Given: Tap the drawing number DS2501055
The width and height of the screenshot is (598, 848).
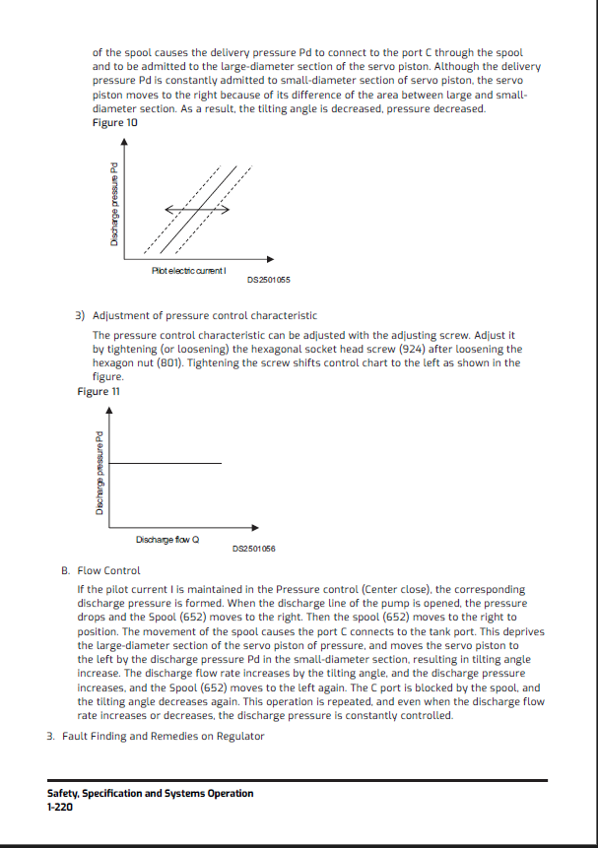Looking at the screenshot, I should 268,280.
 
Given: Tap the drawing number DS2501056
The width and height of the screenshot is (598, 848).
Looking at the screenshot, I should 253,549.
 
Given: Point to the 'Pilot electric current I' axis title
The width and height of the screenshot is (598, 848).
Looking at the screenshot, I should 190,270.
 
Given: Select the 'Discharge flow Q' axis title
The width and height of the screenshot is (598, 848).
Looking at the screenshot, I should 167,539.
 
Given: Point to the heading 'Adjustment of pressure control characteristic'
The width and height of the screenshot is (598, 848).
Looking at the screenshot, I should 205,316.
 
